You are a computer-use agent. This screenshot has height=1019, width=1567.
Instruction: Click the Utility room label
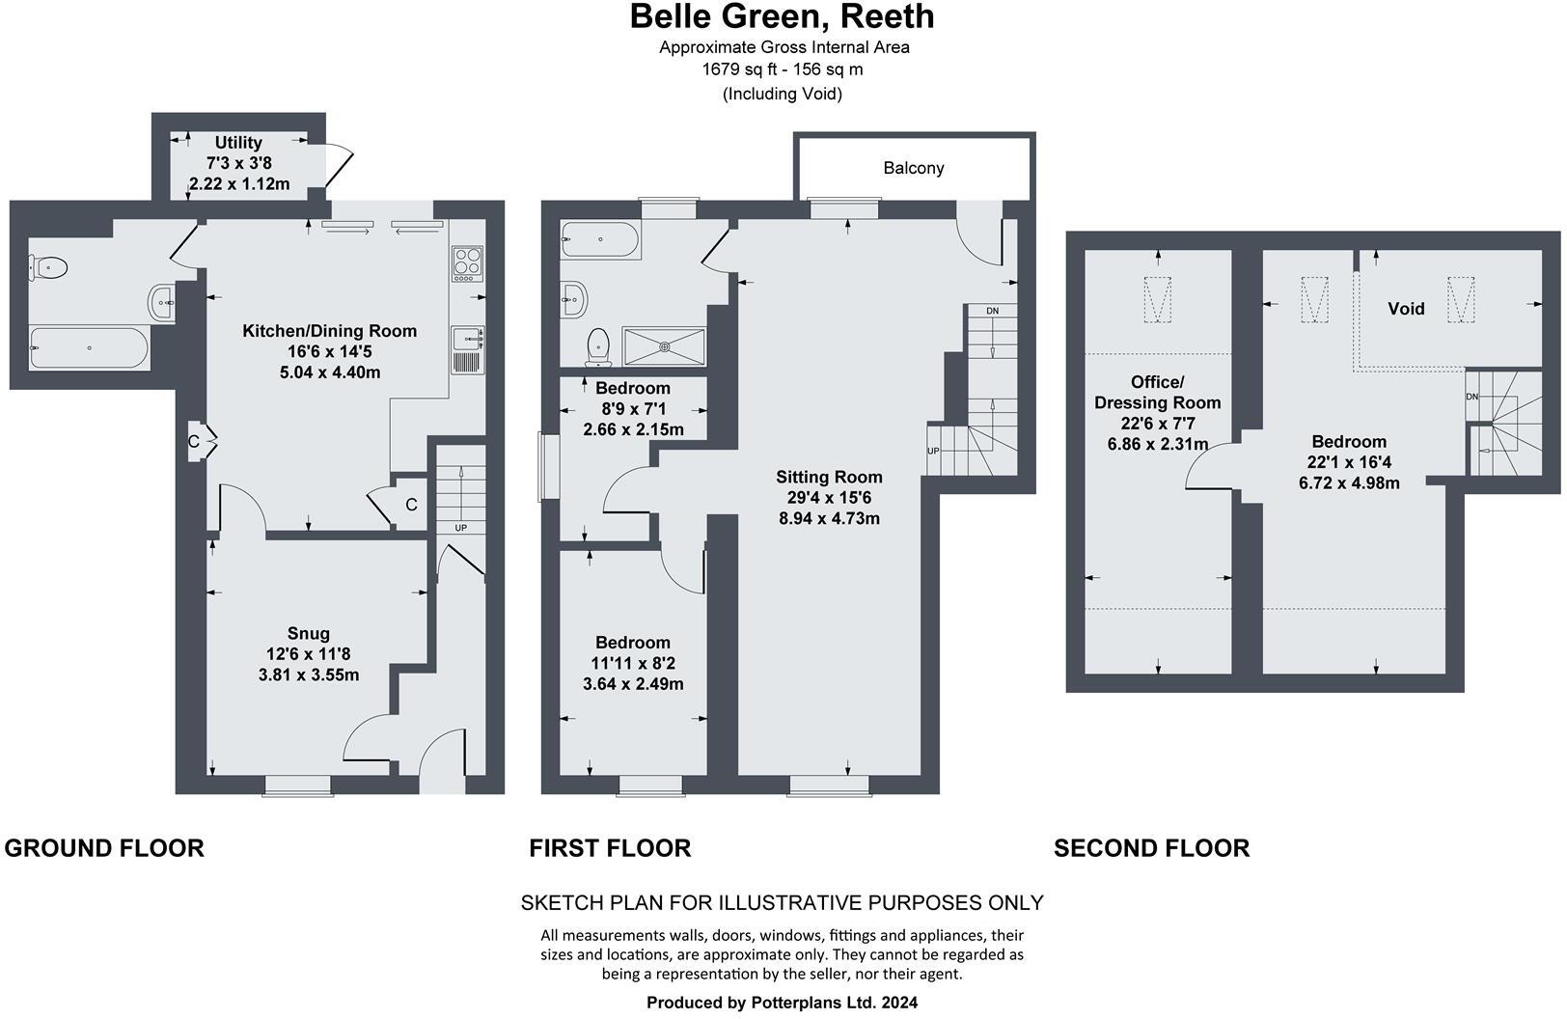pos(238,142)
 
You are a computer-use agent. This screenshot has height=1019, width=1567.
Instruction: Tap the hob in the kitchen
pos(467,262)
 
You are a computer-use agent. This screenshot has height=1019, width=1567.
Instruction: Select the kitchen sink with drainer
pos(467,350)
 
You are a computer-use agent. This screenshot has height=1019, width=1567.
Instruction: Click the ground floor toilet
pos(49,267)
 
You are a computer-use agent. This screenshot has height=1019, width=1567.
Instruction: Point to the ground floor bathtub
pos(89,347)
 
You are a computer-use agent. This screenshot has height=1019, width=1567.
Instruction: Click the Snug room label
pos(308,634)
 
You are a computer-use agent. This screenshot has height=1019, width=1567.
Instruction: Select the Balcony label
pos(913,168)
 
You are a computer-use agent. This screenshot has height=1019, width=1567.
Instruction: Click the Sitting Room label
pos(829,477)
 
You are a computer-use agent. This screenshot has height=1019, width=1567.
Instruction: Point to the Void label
pos(1406,309)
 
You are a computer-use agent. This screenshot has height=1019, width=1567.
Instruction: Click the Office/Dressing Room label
pos(1157,393)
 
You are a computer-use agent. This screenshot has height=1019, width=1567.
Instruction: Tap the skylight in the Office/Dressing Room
pos(1157,299)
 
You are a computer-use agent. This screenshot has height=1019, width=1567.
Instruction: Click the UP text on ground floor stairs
pos(461,529)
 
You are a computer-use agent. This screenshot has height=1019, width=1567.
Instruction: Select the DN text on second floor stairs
pos(1471,397)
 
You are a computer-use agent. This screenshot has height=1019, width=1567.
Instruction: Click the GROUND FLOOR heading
pos(104,848)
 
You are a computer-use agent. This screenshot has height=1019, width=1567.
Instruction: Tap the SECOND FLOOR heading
pos(1151,848)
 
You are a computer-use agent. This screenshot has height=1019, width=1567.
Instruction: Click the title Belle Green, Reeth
pos(782,16)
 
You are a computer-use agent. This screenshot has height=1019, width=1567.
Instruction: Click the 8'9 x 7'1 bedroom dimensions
pos(633,409)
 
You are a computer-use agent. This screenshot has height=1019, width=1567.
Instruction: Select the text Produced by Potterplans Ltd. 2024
pos(782,1003)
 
